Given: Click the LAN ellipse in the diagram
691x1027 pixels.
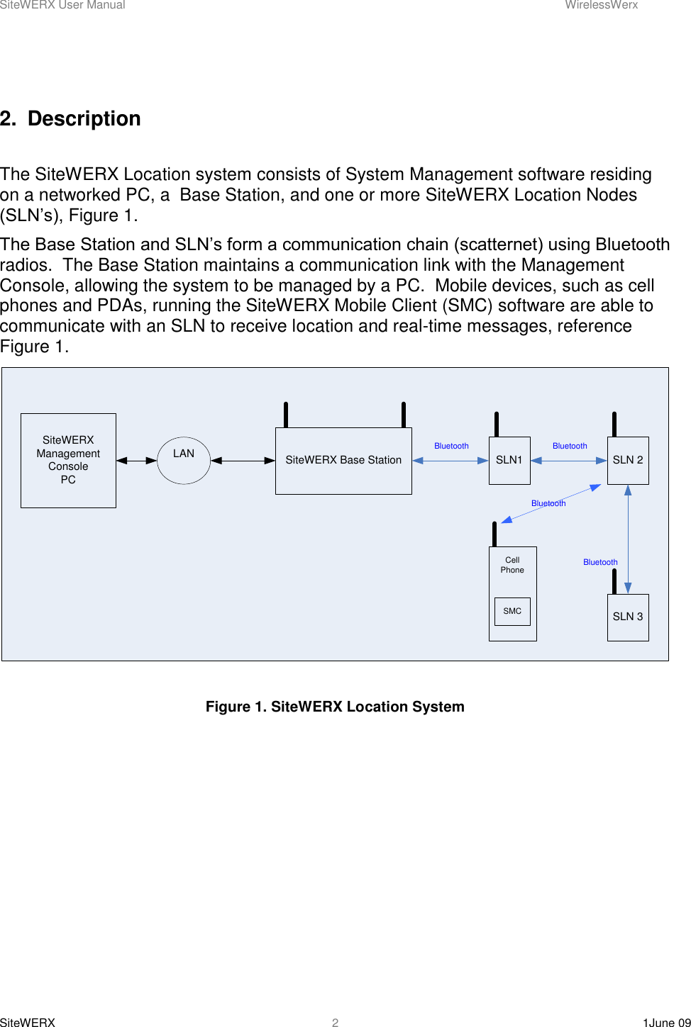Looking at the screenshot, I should tap(183, 461).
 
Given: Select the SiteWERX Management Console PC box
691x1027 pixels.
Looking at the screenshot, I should tap(68, 460).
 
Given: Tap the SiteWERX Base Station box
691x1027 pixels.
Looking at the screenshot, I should tap(343, 461).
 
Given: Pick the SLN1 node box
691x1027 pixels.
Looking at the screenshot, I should tap(509, 461).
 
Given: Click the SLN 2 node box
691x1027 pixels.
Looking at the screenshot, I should tap(628, 461).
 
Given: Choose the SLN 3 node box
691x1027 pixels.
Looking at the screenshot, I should tap(628, 617).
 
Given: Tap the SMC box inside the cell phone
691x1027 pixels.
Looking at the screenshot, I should tap(512, 611).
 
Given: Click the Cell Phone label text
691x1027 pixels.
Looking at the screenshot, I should tap(512, 565).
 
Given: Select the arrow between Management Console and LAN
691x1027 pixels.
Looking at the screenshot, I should tap(136, 461).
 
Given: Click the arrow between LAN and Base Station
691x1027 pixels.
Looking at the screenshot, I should tap(243, 461).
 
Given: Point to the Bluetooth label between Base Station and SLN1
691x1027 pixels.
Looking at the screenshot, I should tap(451, 446).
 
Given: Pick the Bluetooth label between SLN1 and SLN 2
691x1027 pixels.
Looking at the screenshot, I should tap(570, 446).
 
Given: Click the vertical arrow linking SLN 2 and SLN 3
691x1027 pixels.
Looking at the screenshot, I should tap(628, 539).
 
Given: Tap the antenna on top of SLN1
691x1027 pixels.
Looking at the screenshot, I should tap(497, 424).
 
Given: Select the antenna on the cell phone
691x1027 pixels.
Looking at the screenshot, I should tap(494, 534).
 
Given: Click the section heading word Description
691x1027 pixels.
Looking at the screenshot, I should tap(84, 118).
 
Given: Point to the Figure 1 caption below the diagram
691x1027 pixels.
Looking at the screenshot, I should tap(335, 707).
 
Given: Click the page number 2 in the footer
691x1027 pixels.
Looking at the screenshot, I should tap(336, 1022).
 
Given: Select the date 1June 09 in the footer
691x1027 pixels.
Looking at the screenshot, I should tap(666, 1022).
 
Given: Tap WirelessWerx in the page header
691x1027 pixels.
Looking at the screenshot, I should tap(601, 5).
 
